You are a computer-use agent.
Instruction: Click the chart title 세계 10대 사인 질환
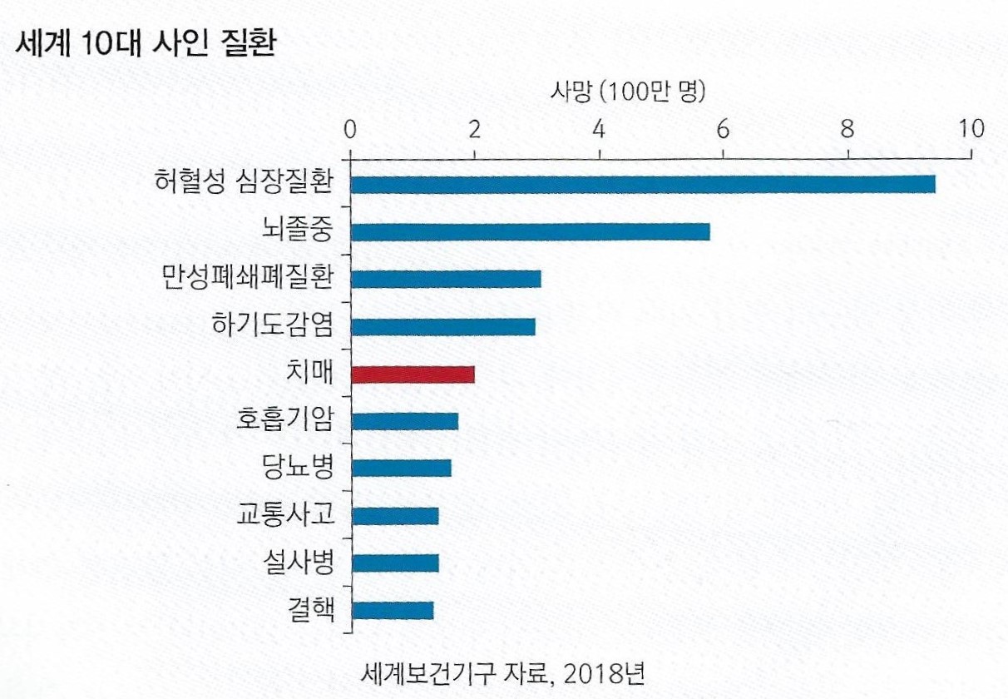(145, 43)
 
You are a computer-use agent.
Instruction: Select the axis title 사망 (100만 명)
(628, 92)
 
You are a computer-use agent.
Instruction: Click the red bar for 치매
(413, 374)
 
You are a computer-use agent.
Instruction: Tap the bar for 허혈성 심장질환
(642, 184)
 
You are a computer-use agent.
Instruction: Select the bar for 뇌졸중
(530, 231)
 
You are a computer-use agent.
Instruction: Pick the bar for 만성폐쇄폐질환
(446, 279)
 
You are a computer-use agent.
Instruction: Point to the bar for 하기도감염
(442, 326)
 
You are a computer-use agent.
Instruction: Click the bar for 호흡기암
(404, 421)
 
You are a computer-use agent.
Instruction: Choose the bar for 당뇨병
(401, 468)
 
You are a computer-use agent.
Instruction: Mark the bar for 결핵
(392, 610)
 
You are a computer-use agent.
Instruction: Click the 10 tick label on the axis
(970, 128)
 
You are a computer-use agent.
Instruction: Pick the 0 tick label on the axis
(350, 128)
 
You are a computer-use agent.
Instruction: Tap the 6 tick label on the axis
(723, 128)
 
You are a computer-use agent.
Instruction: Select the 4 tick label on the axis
(599, 128)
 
